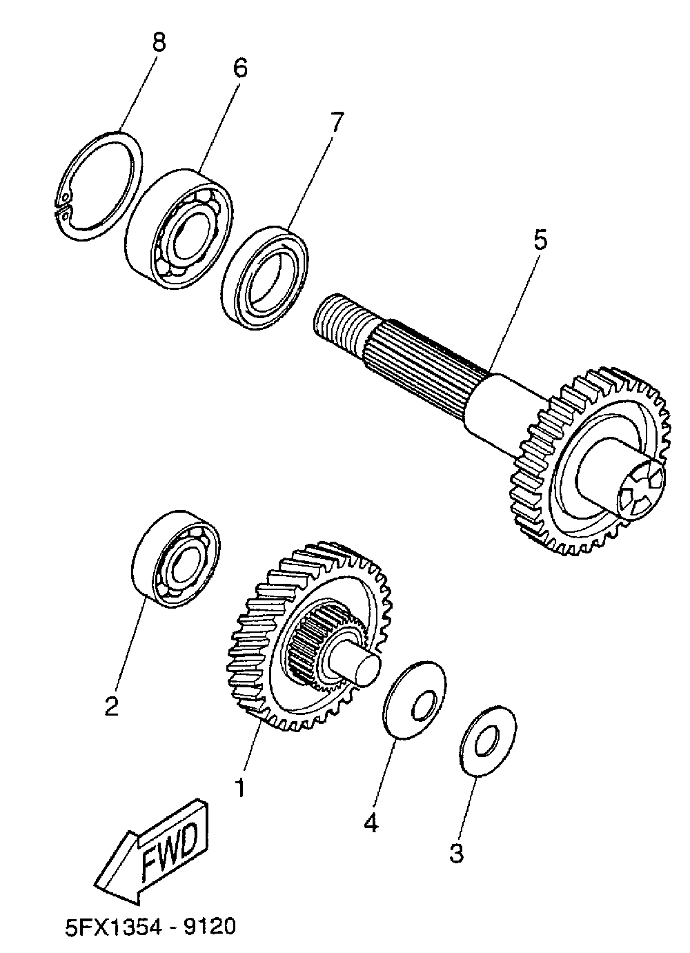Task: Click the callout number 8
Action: [159, 43]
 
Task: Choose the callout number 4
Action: [371, 823]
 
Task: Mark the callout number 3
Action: [456, 853]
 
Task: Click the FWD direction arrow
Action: [155, 854]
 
